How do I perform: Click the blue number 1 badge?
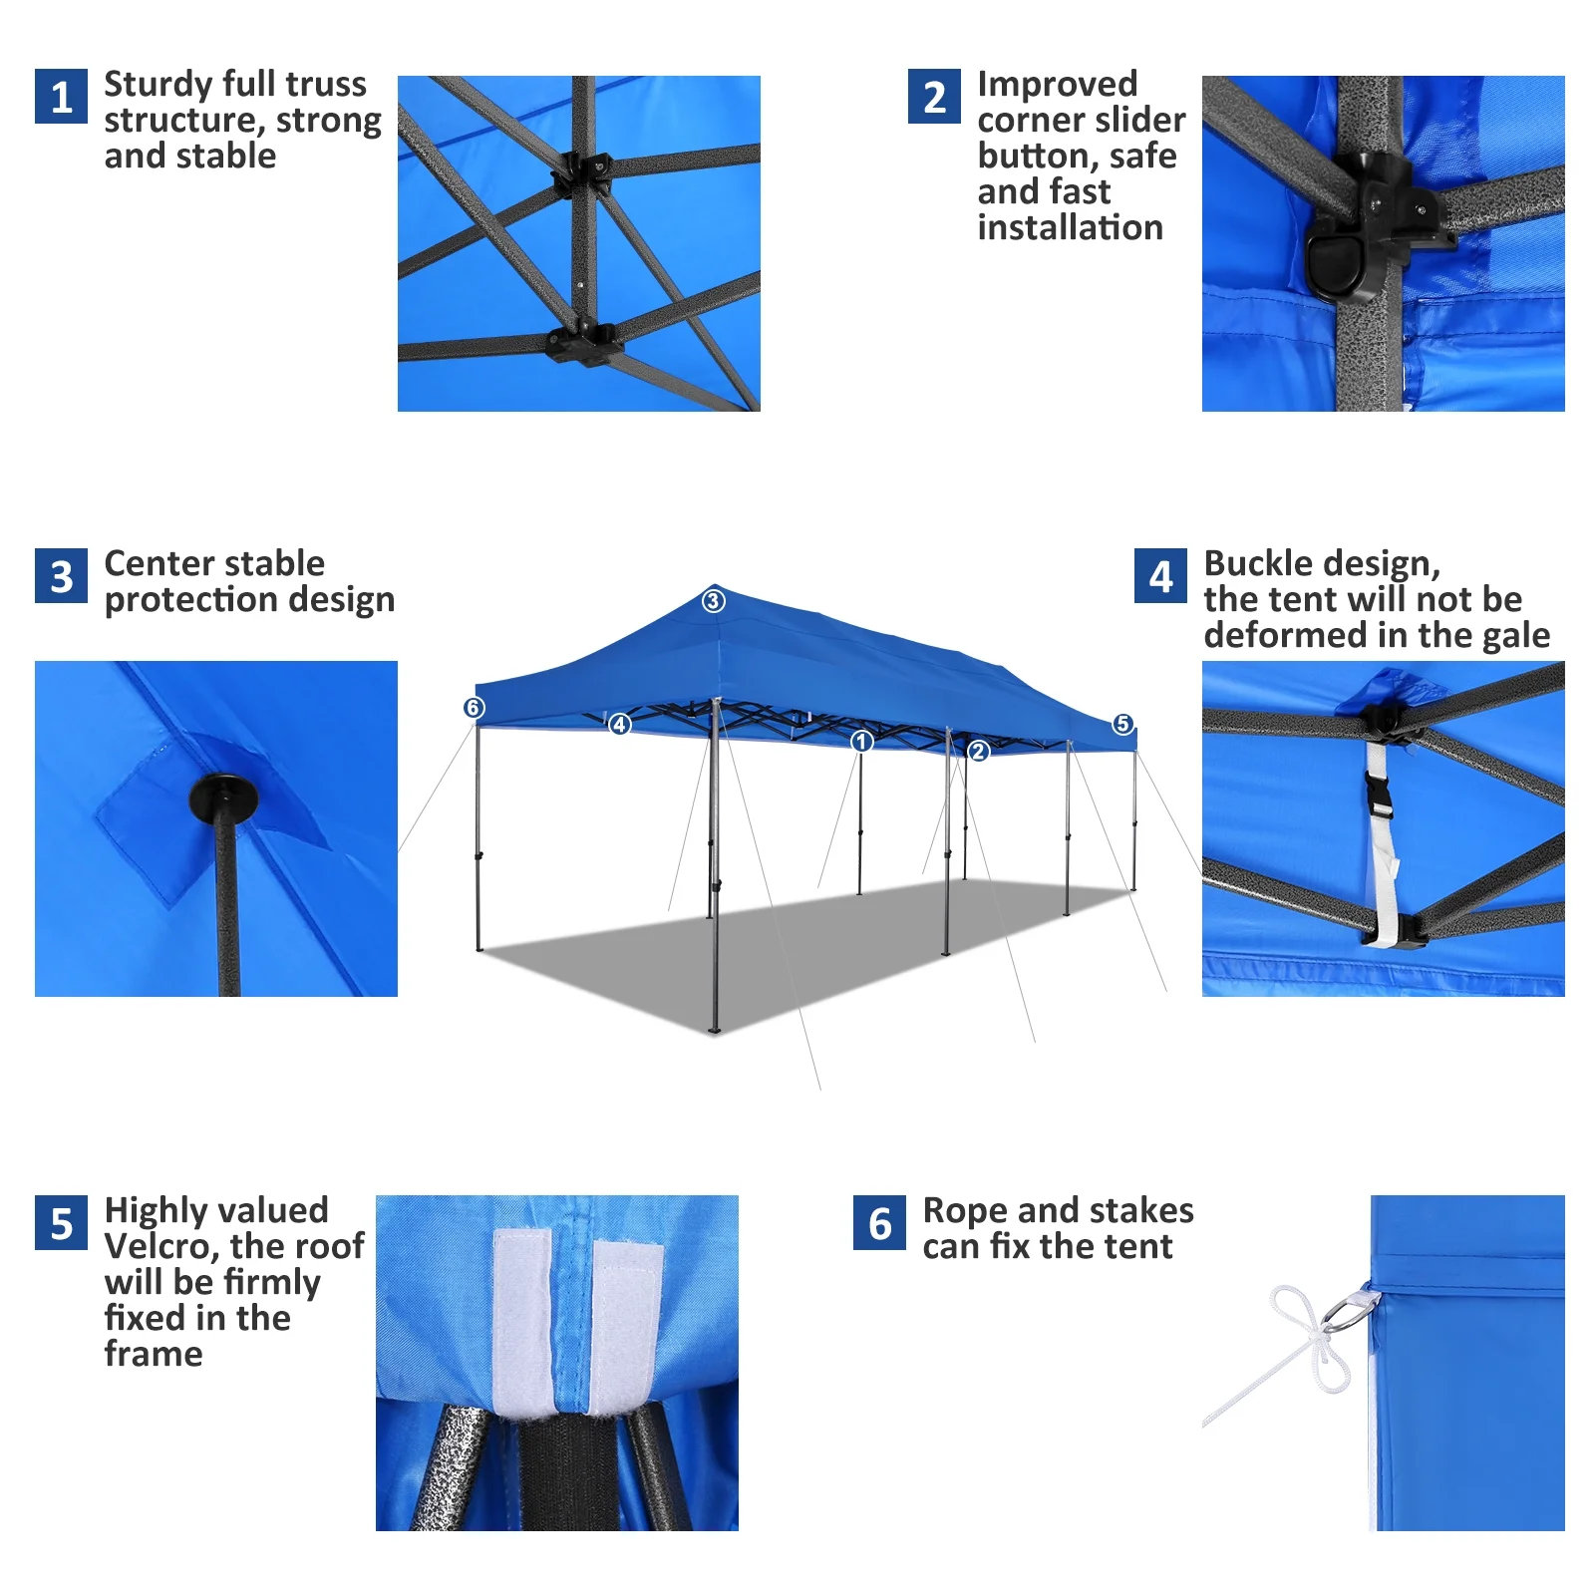point(61,96)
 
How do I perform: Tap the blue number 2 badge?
point(934,96)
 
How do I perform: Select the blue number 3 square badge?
point(61,575)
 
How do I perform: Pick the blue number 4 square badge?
point(1160,575)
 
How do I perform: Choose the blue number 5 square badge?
point(61,1222)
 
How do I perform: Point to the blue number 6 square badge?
point(879,1222)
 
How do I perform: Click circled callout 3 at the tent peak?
point(713,601)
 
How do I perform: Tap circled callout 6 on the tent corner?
point(474,708)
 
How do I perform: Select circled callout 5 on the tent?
point(1122,724)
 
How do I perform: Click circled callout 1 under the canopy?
point(862,742)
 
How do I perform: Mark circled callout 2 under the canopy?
point(978,752)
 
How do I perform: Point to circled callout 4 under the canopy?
point(620,725)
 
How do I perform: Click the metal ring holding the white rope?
point(1352,1308)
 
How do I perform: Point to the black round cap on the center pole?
point(222,798)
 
